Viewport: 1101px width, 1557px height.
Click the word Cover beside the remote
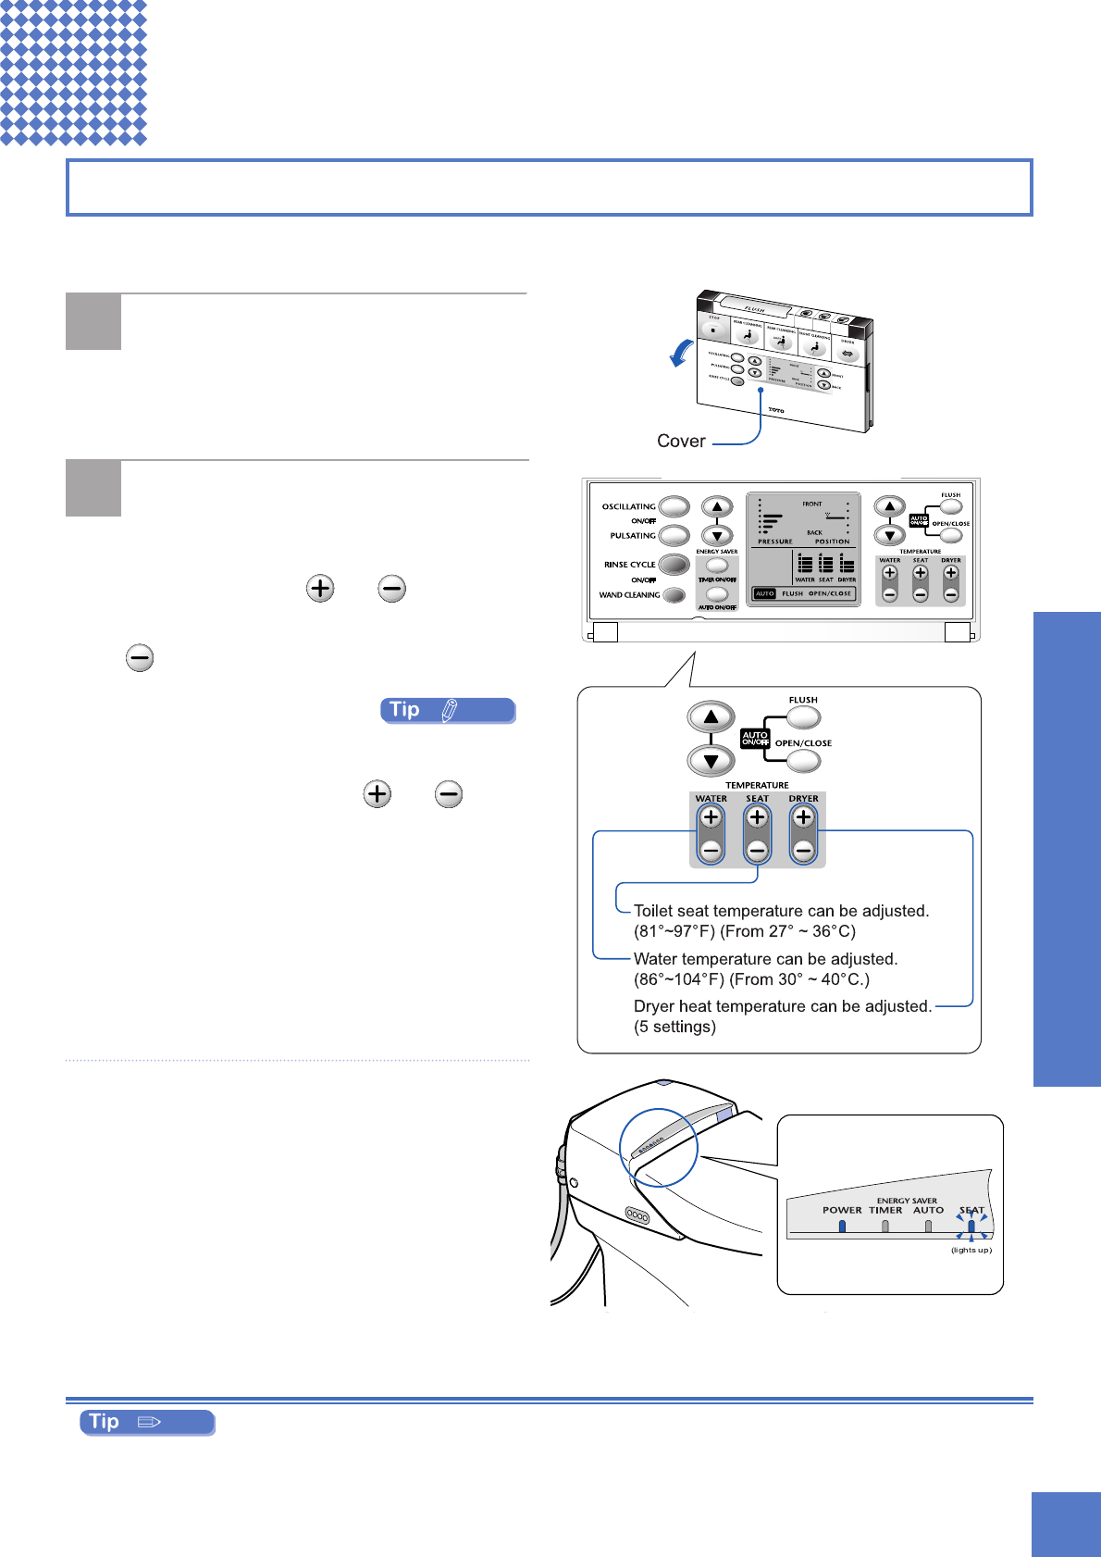[x=681, y=442]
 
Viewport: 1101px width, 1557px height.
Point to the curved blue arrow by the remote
[x=682, y=353]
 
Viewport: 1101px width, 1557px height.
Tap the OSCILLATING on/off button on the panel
[x=674, y=506]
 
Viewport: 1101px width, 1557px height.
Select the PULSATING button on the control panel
[x=674, y=535]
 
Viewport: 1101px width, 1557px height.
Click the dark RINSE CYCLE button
[x=674, y=565]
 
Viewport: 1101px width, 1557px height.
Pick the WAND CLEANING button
[x=674, y=595]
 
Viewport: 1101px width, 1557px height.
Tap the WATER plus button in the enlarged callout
[x=711, y=817]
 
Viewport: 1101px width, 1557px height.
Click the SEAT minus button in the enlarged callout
[x=757, y=850]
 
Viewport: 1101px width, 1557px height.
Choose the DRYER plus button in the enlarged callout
[x=803, y=817]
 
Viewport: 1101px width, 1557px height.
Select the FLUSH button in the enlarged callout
[x=803, y=716]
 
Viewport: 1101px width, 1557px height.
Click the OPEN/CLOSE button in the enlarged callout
[x=803, y=760]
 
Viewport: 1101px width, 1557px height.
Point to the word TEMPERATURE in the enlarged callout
[x=757, y=785]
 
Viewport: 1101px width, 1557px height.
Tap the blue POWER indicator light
[x=842, y=1226]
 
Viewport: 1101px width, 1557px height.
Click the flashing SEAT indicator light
[x=971, y=1227]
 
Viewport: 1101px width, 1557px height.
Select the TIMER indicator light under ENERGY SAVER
[x=885, y=1226]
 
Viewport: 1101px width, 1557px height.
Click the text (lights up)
[x=971, y=1250]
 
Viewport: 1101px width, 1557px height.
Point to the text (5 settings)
[x=674, y=1027]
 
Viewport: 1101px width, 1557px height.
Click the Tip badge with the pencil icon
[x=448, y=710]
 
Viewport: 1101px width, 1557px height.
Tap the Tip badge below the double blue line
[x=147, y=1422]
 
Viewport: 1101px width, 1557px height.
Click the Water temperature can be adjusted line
[x=765, y=959]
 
